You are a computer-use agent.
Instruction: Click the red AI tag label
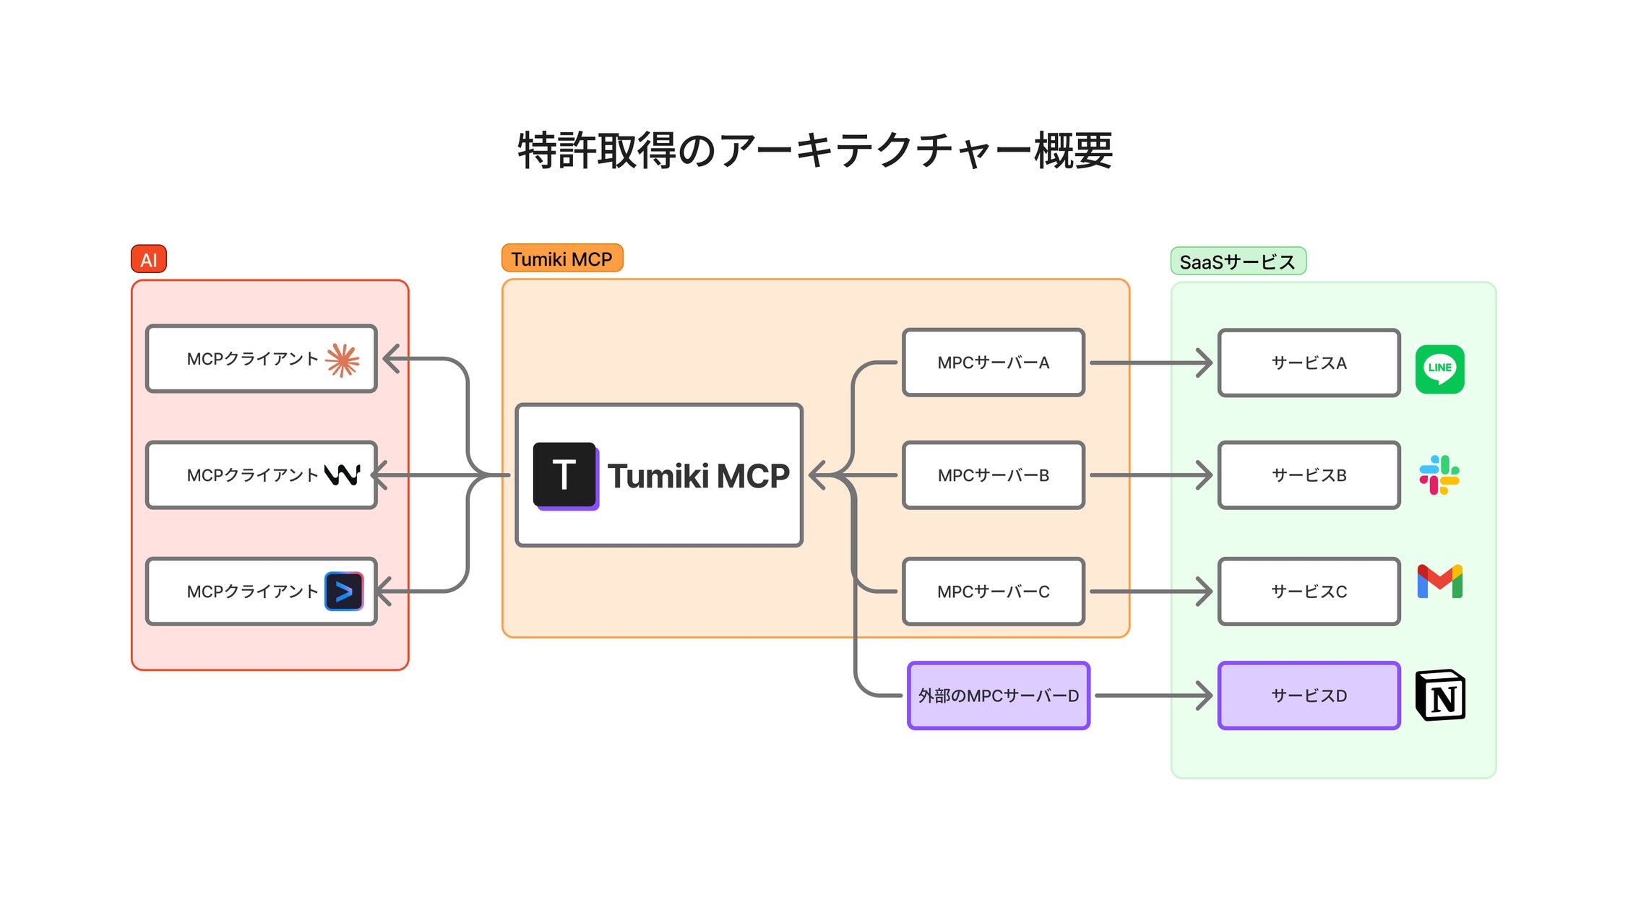[x=148, y=259]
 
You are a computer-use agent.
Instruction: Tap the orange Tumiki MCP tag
[x=561, y=259]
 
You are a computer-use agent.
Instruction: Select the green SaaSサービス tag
[x=1237, y=261]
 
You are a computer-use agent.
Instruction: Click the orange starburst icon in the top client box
[x=343, y=360]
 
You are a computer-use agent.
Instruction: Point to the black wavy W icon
[x=342, y=475]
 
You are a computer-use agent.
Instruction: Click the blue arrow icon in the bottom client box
[x=344, y=591]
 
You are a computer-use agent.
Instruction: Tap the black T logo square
[x=565, y=475]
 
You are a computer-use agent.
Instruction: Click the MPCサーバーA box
[x=993, y=363]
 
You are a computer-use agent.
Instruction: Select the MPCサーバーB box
[x=993, y=475]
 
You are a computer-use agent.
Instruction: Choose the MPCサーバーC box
[x=993, y=591]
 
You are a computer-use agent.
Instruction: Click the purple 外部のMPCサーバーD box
[x=998, y=695]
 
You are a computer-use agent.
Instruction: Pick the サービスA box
[x=1308, y=363]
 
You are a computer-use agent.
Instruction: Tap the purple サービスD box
[x=1308, y=695]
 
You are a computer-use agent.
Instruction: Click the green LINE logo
[x=1439, y=369]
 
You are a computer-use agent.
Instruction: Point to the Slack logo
[x=1439, y=475]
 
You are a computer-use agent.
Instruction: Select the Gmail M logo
[x=1439, y=581]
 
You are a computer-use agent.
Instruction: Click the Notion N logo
[x=1439, y=695]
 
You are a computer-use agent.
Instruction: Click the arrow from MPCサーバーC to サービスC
[x=1149, y=591]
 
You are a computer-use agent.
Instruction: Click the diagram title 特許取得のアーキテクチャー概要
[x=814, y=150]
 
